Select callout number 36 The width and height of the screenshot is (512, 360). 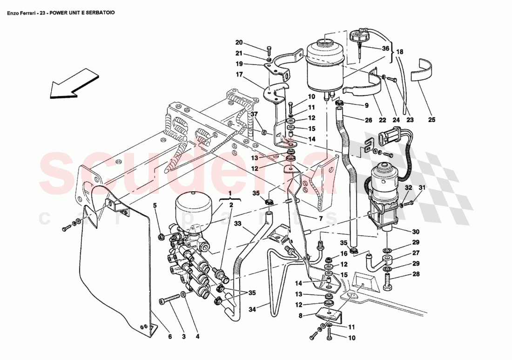pos(385,48)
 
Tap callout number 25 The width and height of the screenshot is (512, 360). pos(431,120)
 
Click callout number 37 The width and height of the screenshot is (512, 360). pos(254,115)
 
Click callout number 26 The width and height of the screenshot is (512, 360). pos(368,120)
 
